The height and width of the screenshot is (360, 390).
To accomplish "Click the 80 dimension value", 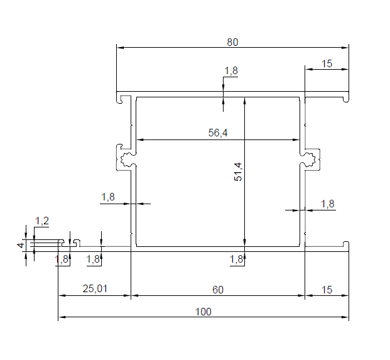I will point(232,42).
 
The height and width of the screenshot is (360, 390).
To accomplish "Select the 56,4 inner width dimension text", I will point(219,133).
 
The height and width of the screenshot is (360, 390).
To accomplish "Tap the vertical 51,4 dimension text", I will point(237,172).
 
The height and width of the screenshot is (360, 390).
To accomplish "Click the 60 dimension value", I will point(218,290).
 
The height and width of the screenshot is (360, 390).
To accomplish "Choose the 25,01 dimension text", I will point(95,289).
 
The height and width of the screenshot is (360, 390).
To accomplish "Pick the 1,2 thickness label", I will point(42,221).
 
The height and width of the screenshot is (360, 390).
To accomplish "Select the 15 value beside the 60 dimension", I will point(327,290).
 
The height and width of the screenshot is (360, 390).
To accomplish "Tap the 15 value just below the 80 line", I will point(327,63).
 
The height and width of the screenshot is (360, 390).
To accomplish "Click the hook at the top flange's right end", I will point(345,99).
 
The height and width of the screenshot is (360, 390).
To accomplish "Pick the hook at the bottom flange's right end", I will point(345,244).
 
